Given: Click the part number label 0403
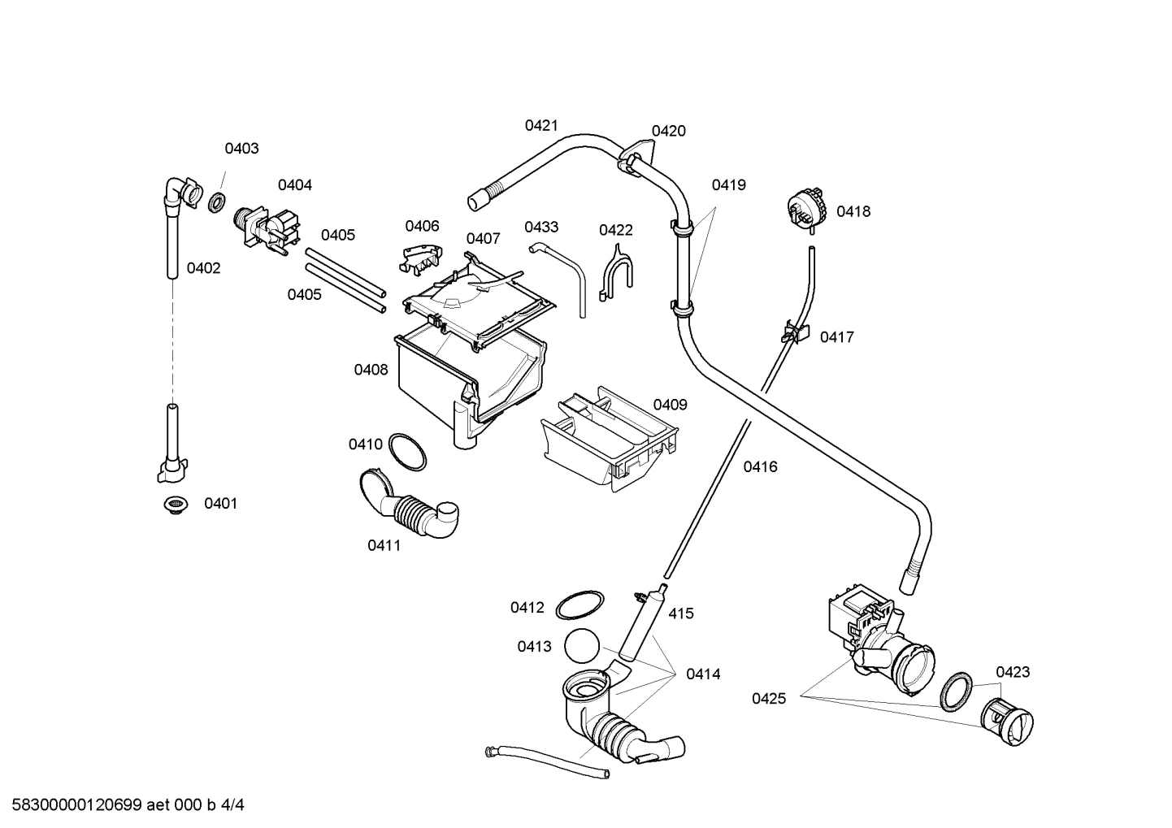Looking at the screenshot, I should coord(241,148).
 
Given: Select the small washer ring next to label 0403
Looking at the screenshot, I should coord(217,202).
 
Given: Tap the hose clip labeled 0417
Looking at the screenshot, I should coord(796,332).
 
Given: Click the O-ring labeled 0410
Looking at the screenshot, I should coord(407,451).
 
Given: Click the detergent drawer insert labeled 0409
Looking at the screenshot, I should coord(610,439).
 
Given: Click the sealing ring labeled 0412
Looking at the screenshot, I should coord(579,605).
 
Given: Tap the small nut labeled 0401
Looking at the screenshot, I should coord(173,505).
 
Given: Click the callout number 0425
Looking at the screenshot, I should coord(768,698).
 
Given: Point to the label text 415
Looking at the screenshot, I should coord(680,613).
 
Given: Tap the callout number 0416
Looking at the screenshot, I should coord(760,466).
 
